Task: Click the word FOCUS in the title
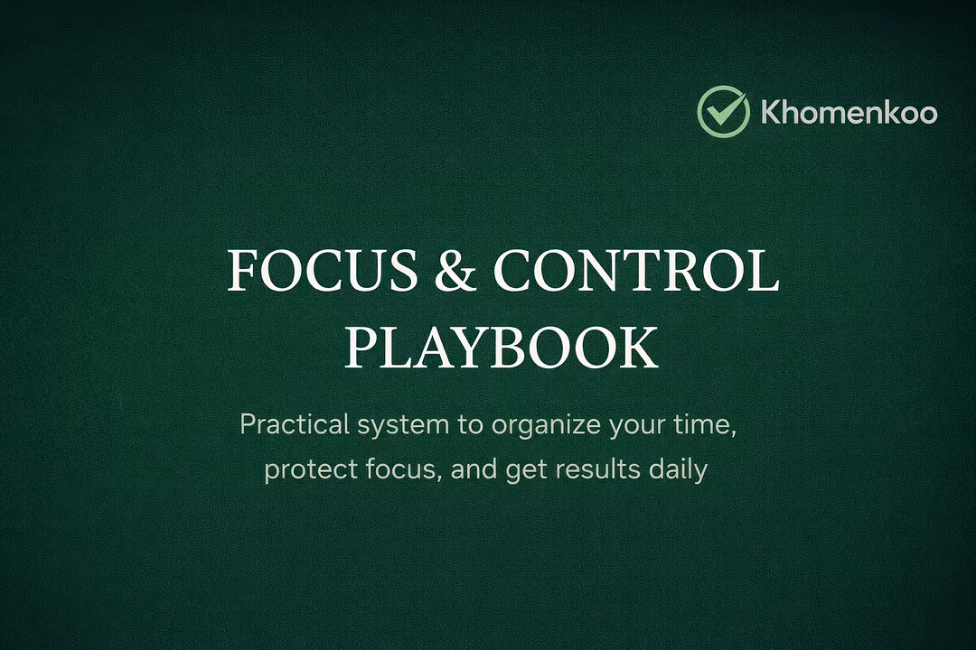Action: coord(323,270)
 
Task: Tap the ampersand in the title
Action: coord(455,270)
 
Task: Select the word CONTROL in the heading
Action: coord(636,270)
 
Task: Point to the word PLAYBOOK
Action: coord(501,347)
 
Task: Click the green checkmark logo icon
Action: coord(723,111)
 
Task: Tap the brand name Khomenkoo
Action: coord(849,113)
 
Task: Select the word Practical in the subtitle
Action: coord(295,425)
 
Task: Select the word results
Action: coord(597,469)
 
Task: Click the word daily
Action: coord(678,470)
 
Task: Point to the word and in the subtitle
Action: coord(474,469)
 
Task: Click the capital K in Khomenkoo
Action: coord(772,113)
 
